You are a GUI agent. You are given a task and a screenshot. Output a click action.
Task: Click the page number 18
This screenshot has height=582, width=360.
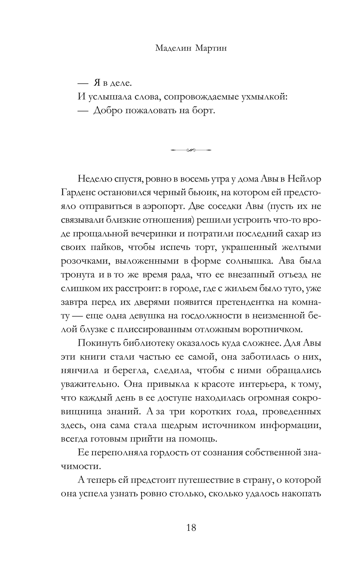191,528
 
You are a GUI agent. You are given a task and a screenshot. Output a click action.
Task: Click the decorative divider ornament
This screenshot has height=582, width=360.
191,150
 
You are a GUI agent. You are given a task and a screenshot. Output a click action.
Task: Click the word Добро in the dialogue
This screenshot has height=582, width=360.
108,111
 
